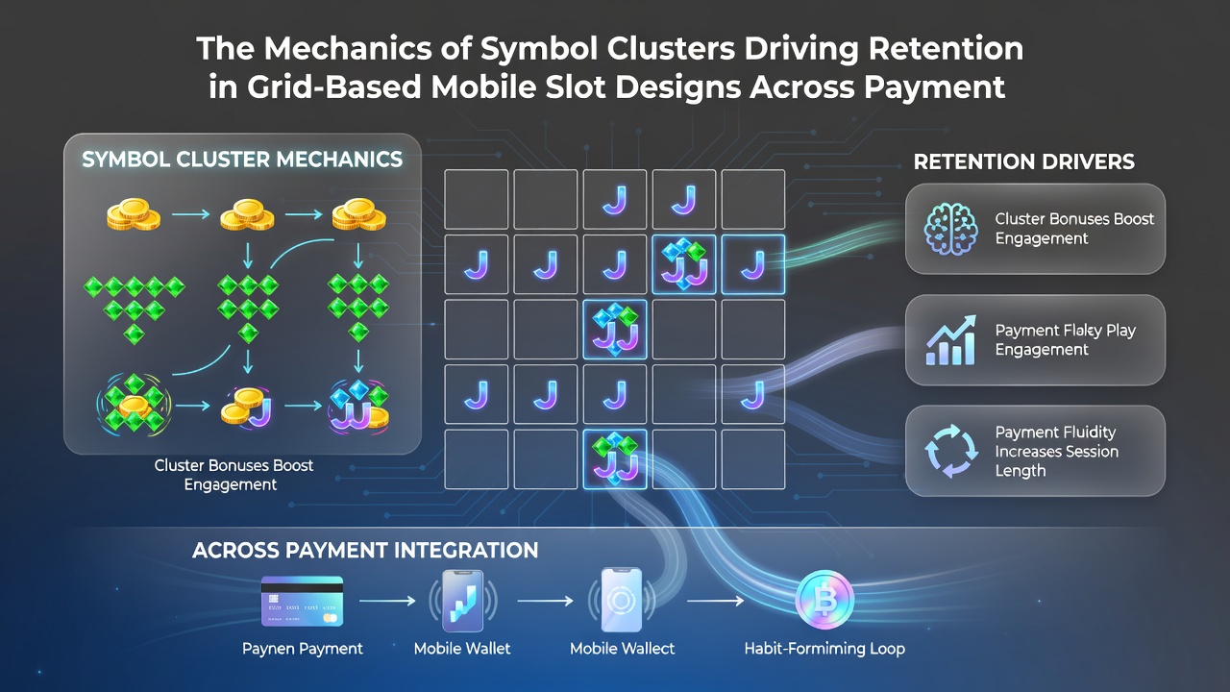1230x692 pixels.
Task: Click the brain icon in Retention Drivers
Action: tap(951, 229)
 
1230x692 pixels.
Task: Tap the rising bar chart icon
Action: tap(951, 340)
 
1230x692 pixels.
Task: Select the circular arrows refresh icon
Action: tap(951, 451)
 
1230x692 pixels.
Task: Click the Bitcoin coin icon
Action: tap(824, 600)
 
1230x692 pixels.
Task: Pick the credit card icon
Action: tap(302, 601)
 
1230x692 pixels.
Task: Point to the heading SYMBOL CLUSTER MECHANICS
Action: tap(242, 160)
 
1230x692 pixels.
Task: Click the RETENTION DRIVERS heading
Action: tap(1024, 161)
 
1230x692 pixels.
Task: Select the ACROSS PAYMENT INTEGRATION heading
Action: tap(365, 551)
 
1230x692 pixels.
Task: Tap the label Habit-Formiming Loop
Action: tap(824, 649)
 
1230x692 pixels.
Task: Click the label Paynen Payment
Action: tap(302, 649)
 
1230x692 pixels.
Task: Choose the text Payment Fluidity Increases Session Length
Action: tap(1056, 452)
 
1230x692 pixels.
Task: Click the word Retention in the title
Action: tap(946, 48)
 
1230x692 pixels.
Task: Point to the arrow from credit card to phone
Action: tap(387, 601)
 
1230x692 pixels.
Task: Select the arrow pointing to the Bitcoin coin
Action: tap(716, 601)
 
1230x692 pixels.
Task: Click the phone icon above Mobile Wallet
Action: tap(463, 601)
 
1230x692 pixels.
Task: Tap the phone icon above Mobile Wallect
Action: tap(621, 601)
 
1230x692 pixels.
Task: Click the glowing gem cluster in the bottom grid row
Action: tap(614, 459)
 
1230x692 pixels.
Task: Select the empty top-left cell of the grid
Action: tap(476, 199)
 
